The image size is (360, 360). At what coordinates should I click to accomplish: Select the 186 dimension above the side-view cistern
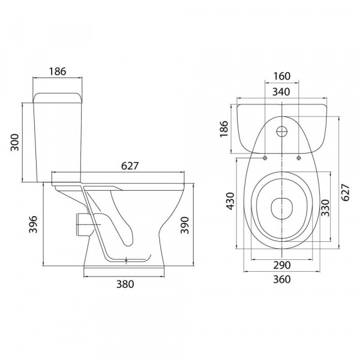pyautogui.click(x=57, y=71)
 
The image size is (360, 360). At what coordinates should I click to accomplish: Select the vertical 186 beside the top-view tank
pyautogui.click(x=224, y=128)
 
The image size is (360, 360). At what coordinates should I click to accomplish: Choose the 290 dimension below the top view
pyautogui.click(x=281, y=265)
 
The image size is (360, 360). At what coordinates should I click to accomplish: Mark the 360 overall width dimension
pyautogui.click(x=281, y=279)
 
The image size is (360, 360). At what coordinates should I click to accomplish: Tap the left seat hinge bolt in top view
pyautogui.click(x=265, y=158)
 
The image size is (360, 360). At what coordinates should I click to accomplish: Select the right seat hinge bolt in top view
pyautogui.click(x=298, y=158)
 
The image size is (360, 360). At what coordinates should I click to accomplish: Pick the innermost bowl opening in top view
pyautogui.click(x=281, y=208)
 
